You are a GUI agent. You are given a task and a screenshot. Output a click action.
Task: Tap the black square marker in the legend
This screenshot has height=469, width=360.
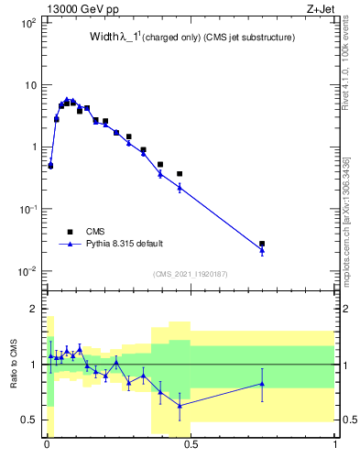71,232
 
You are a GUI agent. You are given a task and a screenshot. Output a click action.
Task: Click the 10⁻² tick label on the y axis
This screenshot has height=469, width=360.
27,271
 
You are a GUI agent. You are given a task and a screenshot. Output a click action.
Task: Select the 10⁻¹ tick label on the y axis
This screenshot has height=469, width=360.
27,209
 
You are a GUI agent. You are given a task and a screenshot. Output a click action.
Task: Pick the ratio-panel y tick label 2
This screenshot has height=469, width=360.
33,309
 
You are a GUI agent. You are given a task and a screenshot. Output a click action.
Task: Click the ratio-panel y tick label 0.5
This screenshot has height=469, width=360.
29,420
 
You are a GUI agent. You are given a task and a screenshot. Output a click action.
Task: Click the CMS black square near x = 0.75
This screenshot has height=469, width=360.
262,244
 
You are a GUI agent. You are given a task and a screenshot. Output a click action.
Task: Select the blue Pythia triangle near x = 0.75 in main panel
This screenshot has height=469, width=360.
262,250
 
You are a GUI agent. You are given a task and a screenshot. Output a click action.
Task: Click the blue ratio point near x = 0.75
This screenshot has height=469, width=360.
262,384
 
